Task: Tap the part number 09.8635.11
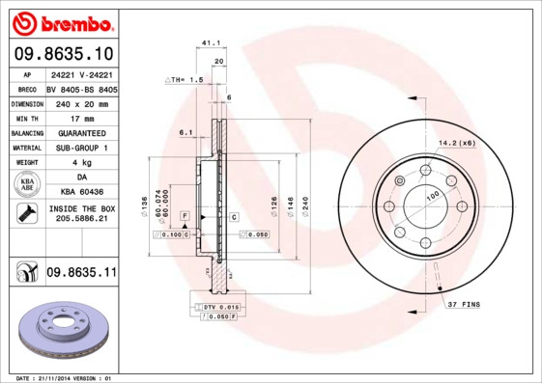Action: (80, 273)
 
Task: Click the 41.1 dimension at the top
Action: (207, 42)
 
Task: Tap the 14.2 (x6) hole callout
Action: (457, 143)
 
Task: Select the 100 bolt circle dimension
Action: (432, 197)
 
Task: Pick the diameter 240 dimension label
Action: (304, 205)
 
